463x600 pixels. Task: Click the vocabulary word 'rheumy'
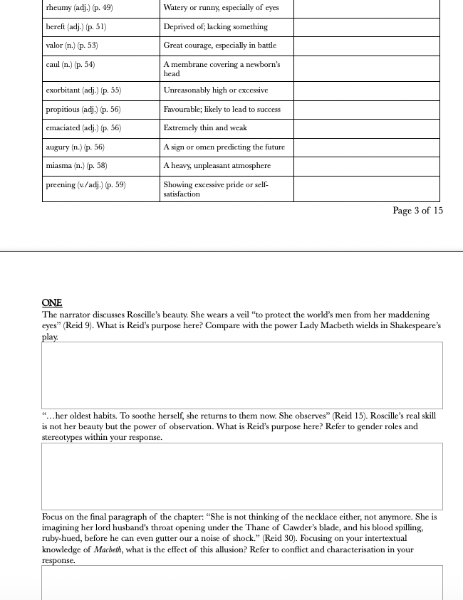tap(58, 8)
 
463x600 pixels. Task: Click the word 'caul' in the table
tap(54, 65)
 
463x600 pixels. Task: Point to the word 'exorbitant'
tap(64, 91)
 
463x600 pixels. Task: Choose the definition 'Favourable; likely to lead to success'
tap(222, 110)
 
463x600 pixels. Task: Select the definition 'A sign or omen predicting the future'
tap(224, 147)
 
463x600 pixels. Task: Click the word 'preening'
tap(60, 185)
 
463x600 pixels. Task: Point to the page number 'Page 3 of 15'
tap(417, 211)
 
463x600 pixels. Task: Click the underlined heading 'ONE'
tap(52, 303)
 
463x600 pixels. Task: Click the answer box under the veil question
tap(242, 374)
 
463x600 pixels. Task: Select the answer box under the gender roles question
tap(242, 476)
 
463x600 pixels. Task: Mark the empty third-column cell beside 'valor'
tap(366, 46)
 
